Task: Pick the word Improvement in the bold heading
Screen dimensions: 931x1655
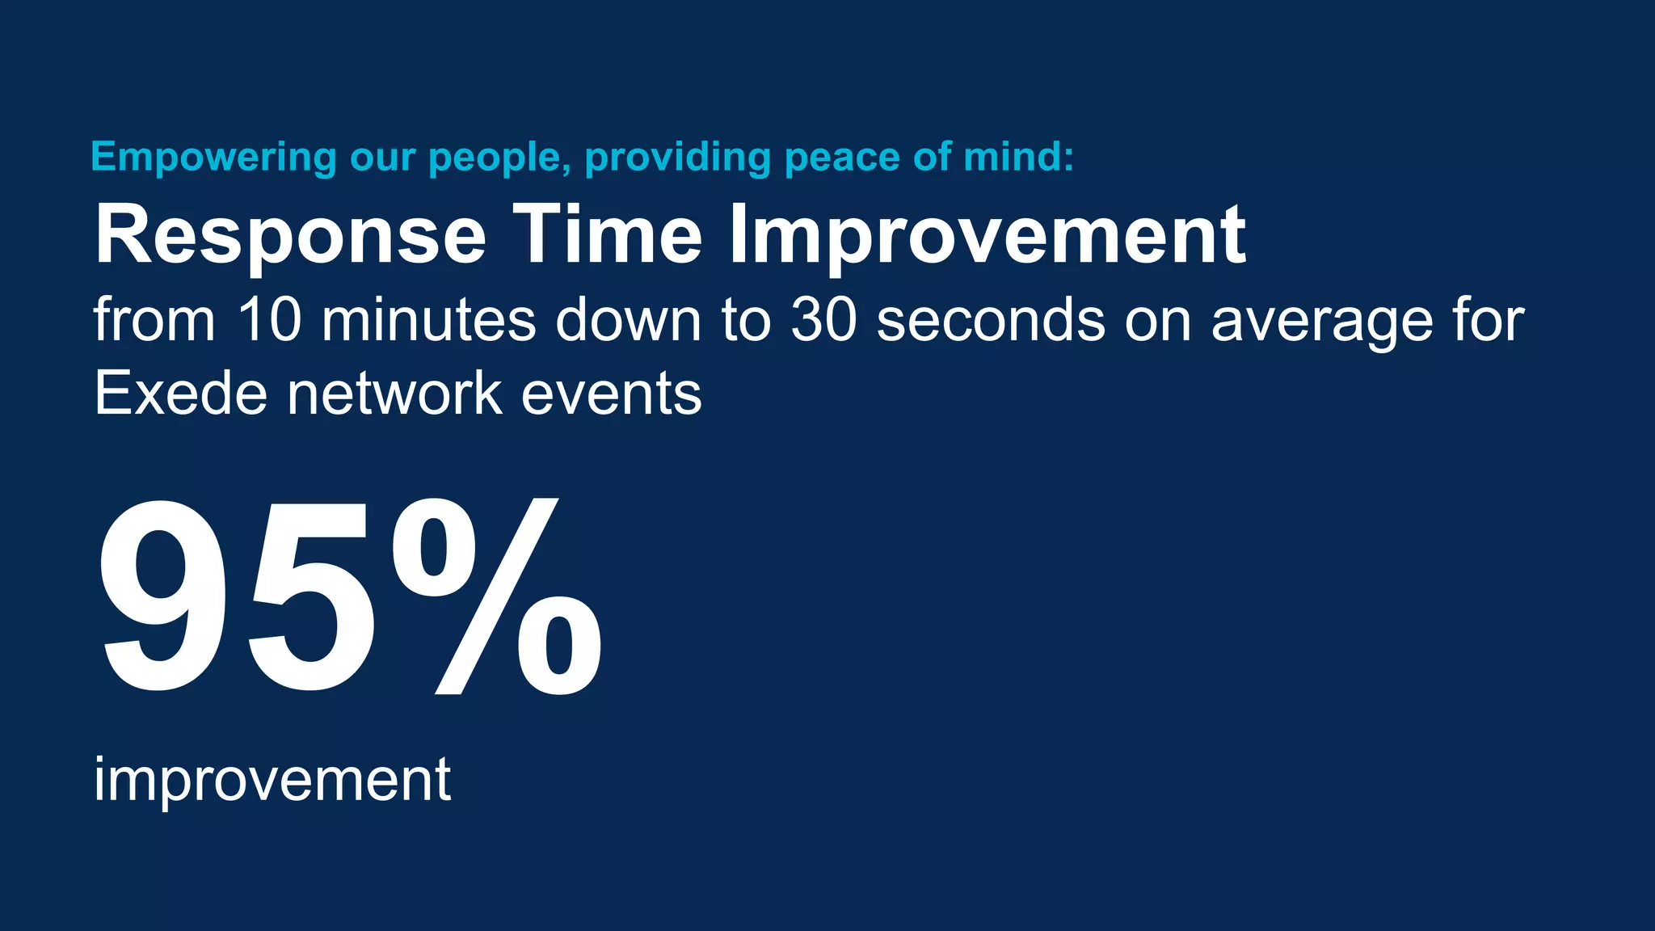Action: click(987, 237)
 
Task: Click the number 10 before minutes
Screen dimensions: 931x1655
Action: click(270, 319)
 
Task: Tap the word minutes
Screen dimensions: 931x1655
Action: click(428, 319)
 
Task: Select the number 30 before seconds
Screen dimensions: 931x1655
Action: click(823, 319)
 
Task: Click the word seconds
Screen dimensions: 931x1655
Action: click(991, 319)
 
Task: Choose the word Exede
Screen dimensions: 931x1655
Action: click(180, 394)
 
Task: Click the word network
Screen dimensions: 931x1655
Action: click(394, 394)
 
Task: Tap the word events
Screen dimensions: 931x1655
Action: click(612, 394)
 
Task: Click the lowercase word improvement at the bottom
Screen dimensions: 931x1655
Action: click(272, 780)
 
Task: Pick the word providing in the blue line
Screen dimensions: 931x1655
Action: click(678, 158)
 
